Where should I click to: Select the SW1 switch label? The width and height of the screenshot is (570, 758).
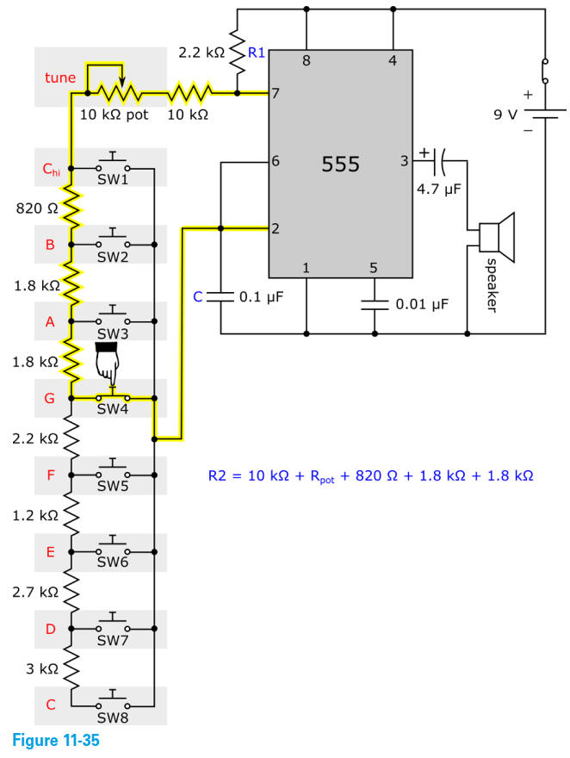coord(112,180)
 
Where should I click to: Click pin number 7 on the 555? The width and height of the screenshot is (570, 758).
coord(276,93)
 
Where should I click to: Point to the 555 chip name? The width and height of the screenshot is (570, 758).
coord(340,164)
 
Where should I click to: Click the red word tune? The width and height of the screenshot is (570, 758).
coord(60,78)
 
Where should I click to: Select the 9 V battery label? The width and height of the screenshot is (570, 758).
coord(506,114)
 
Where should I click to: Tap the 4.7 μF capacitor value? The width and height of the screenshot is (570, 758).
coord(439,189)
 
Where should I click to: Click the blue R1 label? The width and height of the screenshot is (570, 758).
coord(257,53)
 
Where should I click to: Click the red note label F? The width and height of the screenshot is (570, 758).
coord(50,475)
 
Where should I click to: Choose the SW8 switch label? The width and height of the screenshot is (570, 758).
coord(112,716)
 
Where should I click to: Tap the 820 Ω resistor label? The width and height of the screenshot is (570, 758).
coord(35,208)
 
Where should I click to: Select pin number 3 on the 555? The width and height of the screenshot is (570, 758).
coord(404,160)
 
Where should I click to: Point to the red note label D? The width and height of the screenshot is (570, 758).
coord(50,628)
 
